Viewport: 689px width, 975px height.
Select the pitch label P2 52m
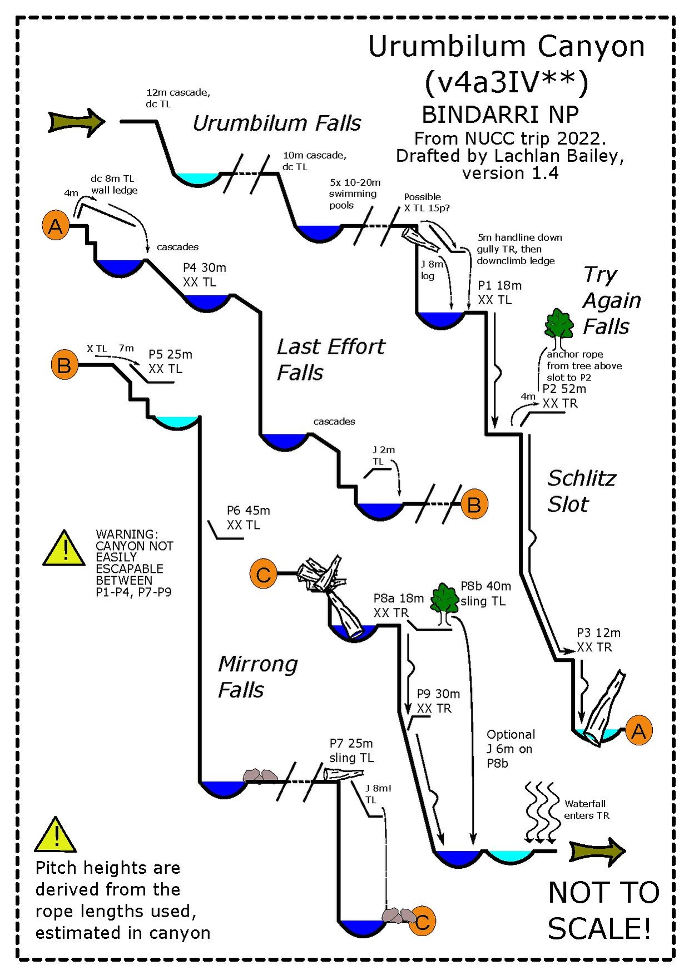[564, 389]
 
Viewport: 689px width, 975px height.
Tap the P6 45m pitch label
[248, 511]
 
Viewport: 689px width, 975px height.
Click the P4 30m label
[205, 268]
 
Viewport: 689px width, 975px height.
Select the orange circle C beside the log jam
[264, 574]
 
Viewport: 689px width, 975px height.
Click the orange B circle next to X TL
[64, 365]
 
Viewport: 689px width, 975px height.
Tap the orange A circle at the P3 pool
[638, 731]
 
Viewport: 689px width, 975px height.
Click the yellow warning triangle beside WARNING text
[65, 548]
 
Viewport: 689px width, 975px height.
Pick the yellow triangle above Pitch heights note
[55, 836]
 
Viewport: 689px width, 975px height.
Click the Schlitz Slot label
[581, 491]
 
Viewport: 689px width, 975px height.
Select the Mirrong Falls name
[257, 677]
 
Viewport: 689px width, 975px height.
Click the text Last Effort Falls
[330, 359]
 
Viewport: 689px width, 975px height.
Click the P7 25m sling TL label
[351, 750]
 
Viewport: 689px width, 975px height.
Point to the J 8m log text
[431, 270]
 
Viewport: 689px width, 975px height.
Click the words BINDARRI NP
[500, 115]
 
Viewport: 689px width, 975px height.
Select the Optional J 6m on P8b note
[510, 749]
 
